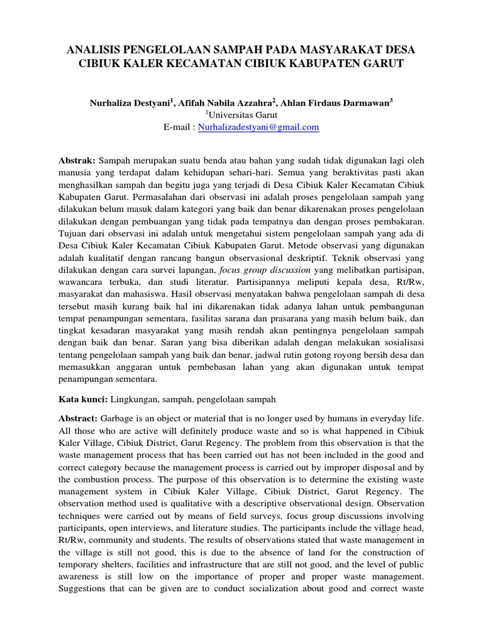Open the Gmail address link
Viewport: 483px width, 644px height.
tap(258, 127)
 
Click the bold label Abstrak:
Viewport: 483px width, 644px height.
tap(77, 161)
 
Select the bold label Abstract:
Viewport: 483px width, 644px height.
tap(79, 418)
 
